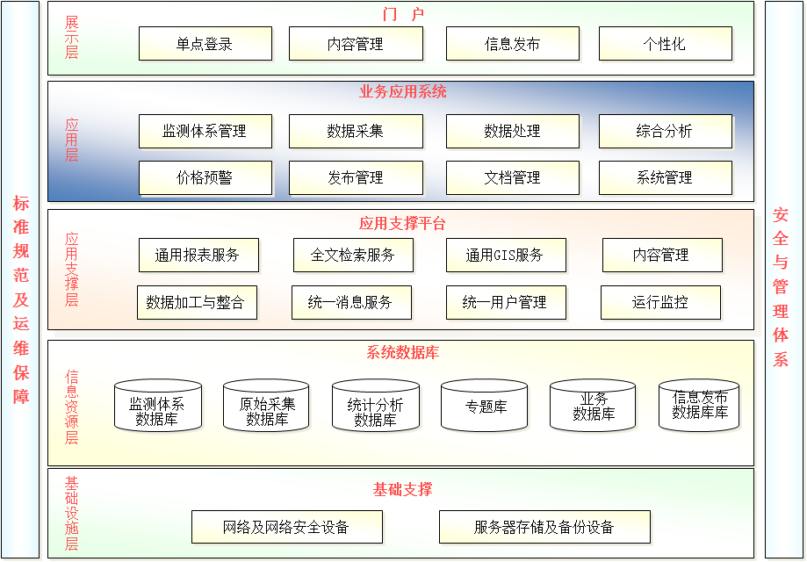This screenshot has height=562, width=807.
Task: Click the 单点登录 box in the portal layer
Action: click(x=205, y=44)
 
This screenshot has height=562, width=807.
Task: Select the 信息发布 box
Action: click(x=513, y=44)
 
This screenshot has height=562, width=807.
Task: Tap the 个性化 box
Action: click(x=666, y=44)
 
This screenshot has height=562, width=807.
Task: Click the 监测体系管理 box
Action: click(x=205, y=131)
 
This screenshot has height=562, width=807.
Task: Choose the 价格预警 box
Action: click(x=205, y=177)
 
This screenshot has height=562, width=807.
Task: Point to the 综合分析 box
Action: click(x=666, y=131)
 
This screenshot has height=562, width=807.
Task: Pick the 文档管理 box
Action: click(x=513, y=177)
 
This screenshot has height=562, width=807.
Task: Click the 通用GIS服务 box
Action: click(x=506, y=255)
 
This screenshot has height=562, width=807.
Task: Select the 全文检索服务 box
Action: click(x=353, y=255)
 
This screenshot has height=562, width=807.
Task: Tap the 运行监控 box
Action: click(x=660, y=302)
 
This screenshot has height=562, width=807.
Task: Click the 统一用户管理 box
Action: click(x=506, y=302)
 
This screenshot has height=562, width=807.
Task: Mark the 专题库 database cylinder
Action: click(x=485, y=406)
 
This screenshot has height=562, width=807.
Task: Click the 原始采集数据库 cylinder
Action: click(x=266, y=406)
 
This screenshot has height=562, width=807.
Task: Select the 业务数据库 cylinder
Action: click(x=593, y=406)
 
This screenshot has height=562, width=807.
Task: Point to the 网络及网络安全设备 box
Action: click(x=286, y=527)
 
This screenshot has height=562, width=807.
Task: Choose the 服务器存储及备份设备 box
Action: click(x=544, y=527)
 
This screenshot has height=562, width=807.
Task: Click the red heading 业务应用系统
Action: click(x=402, y=91)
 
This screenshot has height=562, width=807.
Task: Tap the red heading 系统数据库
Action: click(x=402, y=352)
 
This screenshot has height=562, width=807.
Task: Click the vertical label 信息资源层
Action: click(x=71, y=407)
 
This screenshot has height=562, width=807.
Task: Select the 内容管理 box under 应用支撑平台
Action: click(x=662, y=255)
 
